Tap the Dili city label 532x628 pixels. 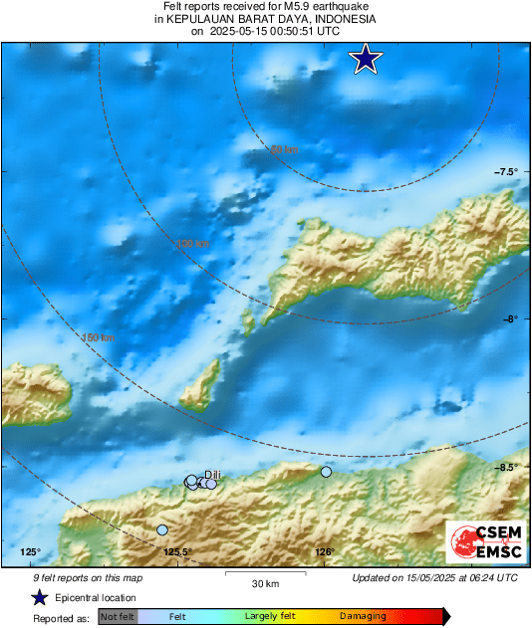click(x=211, y=474)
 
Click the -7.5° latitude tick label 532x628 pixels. click(x=506, y=172)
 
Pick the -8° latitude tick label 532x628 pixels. click(x=509, y=319)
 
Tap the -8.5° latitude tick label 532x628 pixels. click(x=506, y=467)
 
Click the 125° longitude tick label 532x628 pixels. click(x=30, y=552)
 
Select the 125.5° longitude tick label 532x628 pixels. click(x=176, y=552)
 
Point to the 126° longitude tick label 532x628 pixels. click(x=324, y=552)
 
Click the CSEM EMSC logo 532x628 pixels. click(x=482, y=540)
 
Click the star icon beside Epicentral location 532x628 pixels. click(x=39, y=597)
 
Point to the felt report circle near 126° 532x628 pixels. click(x=326, y=472)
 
